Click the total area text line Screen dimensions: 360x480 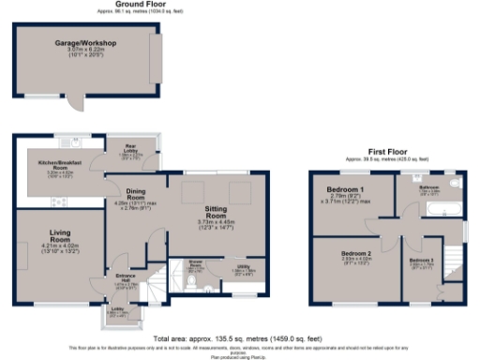[240, 336]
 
